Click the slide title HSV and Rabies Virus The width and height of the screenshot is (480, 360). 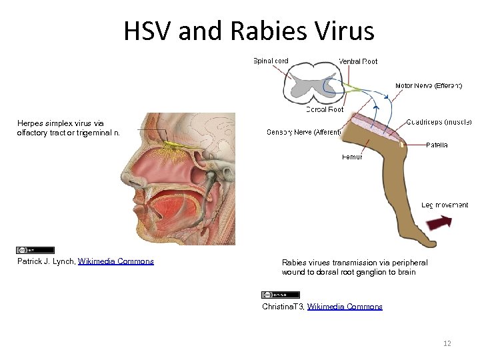pos(249,31)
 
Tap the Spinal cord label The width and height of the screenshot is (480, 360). pos(271,61)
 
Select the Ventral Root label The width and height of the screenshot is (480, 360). pos(358,61)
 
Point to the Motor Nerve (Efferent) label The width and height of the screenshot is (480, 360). pos(429,86)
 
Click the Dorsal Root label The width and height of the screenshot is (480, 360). pos(325,109)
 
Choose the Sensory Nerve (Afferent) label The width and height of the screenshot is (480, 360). pos(303,132)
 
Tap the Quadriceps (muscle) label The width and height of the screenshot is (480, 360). pos(439,122)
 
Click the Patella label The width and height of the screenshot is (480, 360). pos(437,145)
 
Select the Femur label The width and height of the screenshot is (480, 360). pos(351,157)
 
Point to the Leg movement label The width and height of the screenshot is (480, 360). pos(445,205)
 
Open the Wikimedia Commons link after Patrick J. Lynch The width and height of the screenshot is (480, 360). pos(116,261)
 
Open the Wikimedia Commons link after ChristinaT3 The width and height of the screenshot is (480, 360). pos(345,307)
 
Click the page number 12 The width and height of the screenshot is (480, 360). pos(447,343)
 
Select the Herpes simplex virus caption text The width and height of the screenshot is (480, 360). pos(69,128)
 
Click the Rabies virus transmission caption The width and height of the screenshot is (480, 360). pos(354,267)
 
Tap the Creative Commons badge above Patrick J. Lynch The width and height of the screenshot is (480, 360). pos(26,250)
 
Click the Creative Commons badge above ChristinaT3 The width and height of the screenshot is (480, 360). pos(281,295)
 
